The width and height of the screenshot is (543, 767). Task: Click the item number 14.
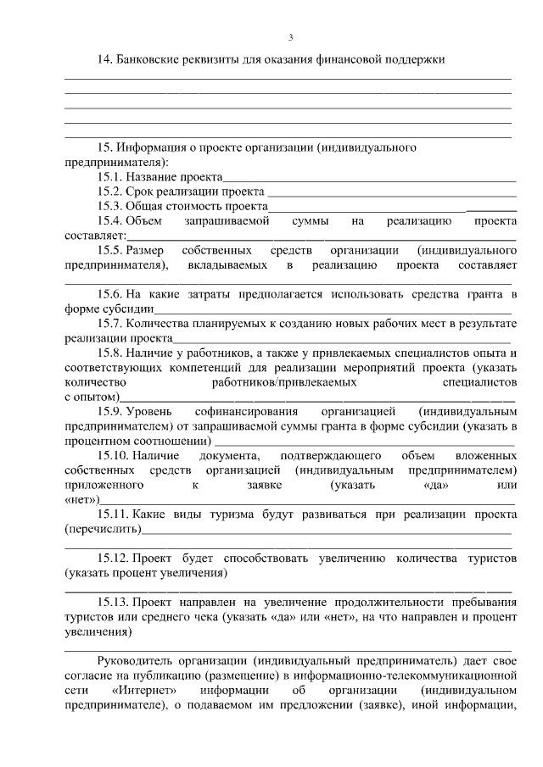point(105,59)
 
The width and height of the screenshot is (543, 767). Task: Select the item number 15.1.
point(109,177)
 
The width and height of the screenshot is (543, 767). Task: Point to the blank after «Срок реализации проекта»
point(390,193)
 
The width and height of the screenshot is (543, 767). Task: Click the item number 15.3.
point(109,206)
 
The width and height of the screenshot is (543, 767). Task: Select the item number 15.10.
point(112,456)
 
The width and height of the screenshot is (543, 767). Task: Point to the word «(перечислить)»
point(104,530)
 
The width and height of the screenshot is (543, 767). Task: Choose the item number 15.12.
point(112,559)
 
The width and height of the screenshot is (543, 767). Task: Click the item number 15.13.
point(112,603)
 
